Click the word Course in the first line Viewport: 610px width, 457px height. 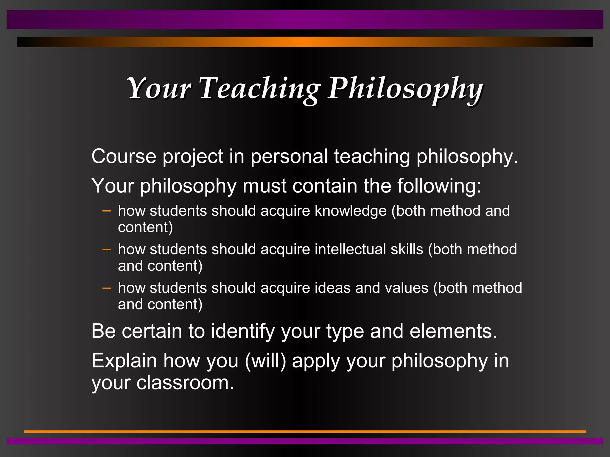pyautogui.click(x=124, y=156)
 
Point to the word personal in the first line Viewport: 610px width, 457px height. pyautogui.click(x=289, y=157)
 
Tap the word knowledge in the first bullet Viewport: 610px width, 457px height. pyautogui.click(x=351, y=211)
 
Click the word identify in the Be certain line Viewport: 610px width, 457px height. pyautogui.click(x=243, y=331)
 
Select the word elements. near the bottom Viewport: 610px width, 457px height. pyautogui.click(x=453, y=331)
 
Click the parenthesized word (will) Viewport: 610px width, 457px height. pyautogui.click(x=265, y=361)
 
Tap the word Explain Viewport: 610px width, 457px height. pyautogui.click(x=124, y=361)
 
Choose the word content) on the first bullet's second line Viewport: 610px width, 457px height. pyautogui.click(x=145, y=228)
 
